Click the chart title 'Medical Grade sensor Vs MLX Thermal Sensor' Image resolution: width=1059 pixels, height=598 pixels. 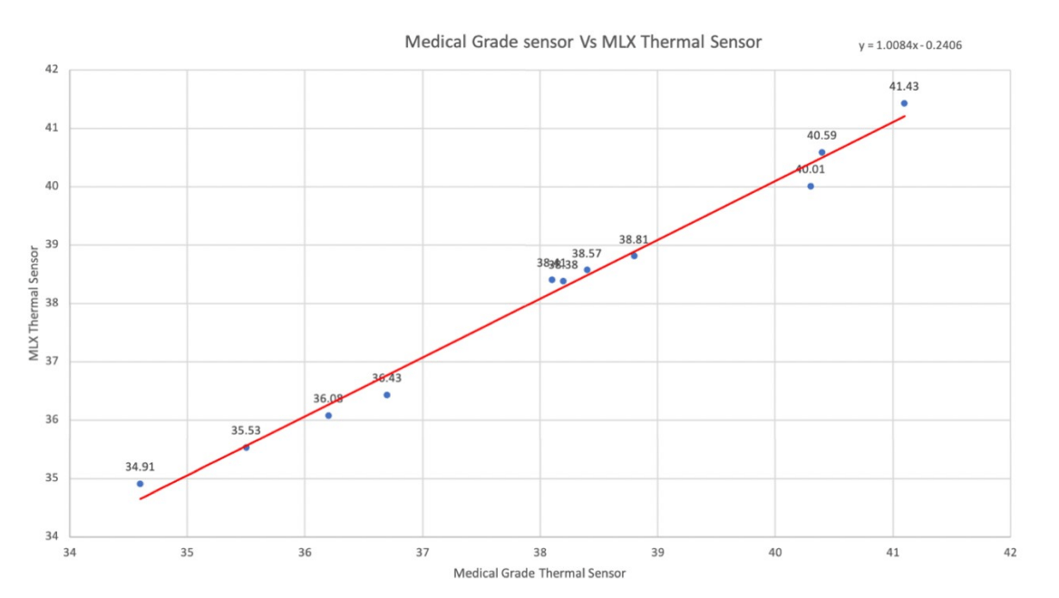(583, 42)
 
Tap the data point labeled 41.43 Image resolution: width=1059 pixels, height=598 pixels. (904, 103)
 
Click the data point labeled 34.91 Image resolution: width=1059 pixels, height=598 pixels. (140, 484)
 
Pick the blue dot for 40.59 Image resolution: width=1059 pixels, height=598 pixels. (821, 152)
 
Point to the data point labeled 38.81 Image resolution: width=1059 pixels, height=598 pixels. (634, 256)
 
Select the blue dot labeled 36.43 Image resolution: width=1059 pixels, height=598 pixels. (386, 395)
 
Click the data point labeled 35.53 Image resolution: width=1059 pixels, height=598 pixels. (246, 448)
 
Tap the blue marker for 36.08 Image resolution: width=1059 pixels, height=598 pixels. (328, 416)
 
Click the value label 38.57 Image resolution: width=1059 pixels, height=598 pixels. (586, 254)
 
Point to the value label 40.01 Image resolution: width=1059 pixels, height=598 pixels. (811, 169)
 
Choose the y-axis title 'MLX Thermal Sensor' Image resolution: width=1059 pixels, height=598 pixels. (34, 302)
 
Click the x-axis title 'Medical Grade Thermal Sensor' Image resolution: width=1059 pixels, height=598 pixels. (539, 574)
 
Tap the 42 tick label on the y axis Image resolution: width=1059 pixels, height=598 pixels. (51, 70)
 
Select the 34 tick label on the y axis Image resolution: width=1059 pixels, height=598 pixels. (51, 537)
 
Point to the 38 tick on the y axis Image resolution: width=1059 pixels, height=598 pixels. (51, 304)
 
